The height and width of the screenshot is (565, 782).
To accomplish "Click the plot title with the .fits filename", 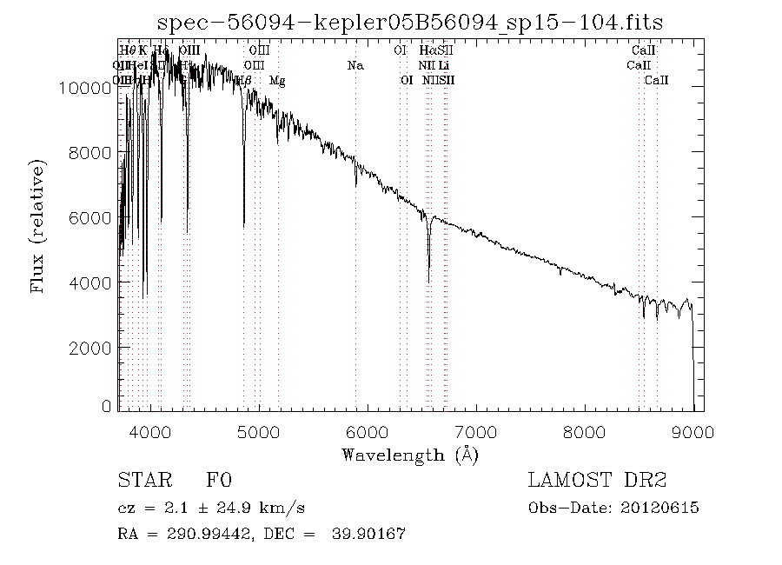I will coord(408,22).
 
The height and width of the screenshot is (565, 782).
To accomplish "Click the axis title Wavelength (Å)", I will coord(409,455).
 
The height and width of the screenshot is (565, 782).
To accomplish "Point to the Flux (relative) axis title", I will coord(38,225).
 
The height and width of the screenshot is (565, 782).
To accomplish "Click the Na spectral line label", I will coord(355,66).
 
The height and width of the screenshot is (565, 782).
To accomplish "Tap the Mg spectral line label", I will coord(277,81).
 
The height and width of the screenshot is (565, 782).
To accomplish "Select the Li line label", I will coord(444,66).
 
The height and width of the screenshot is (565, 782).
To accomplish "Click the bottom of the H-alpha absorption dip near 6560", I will coord(428,281).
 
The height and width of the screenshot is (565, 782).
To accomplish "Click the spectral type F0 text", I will coord(220,481).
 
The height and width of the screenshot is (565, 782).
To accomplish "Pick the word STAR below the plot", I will coord(140,481).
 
